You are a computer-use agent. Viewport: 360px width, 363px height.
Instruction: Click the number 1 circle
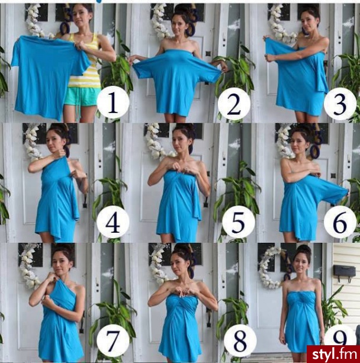[x=112, y=102]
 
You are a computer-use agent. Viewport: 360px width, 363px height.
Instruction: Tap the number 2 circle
[x=234, y=104]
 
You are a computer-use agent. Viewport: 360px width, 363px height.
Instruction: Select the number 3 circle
[x=340, y=104]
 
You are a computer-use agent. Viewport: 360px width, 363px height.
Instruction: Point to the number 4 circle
[x=112, y=222]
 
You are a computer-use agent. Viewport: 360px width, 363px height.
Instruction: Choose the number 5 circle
[x=239, y=222]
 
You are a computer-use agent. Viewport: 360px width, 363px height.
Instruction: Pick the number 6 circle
[x=340, y=222]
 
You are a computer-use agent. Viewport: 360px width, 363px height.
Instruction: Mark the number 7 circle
[x=112, y=340]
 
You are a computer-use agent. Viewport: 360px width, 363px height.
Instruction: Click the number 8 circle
[x=240, y=340]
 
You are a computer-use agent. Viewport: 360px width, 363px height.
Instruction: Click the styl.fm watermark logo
[x=333, y=354]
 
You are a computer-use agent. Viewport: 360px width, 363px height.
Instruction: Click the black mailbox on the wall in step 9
[x=344, y=272]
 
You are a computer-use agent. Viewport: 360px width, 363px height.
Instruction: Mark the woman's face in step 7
[x=60, y=264]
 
